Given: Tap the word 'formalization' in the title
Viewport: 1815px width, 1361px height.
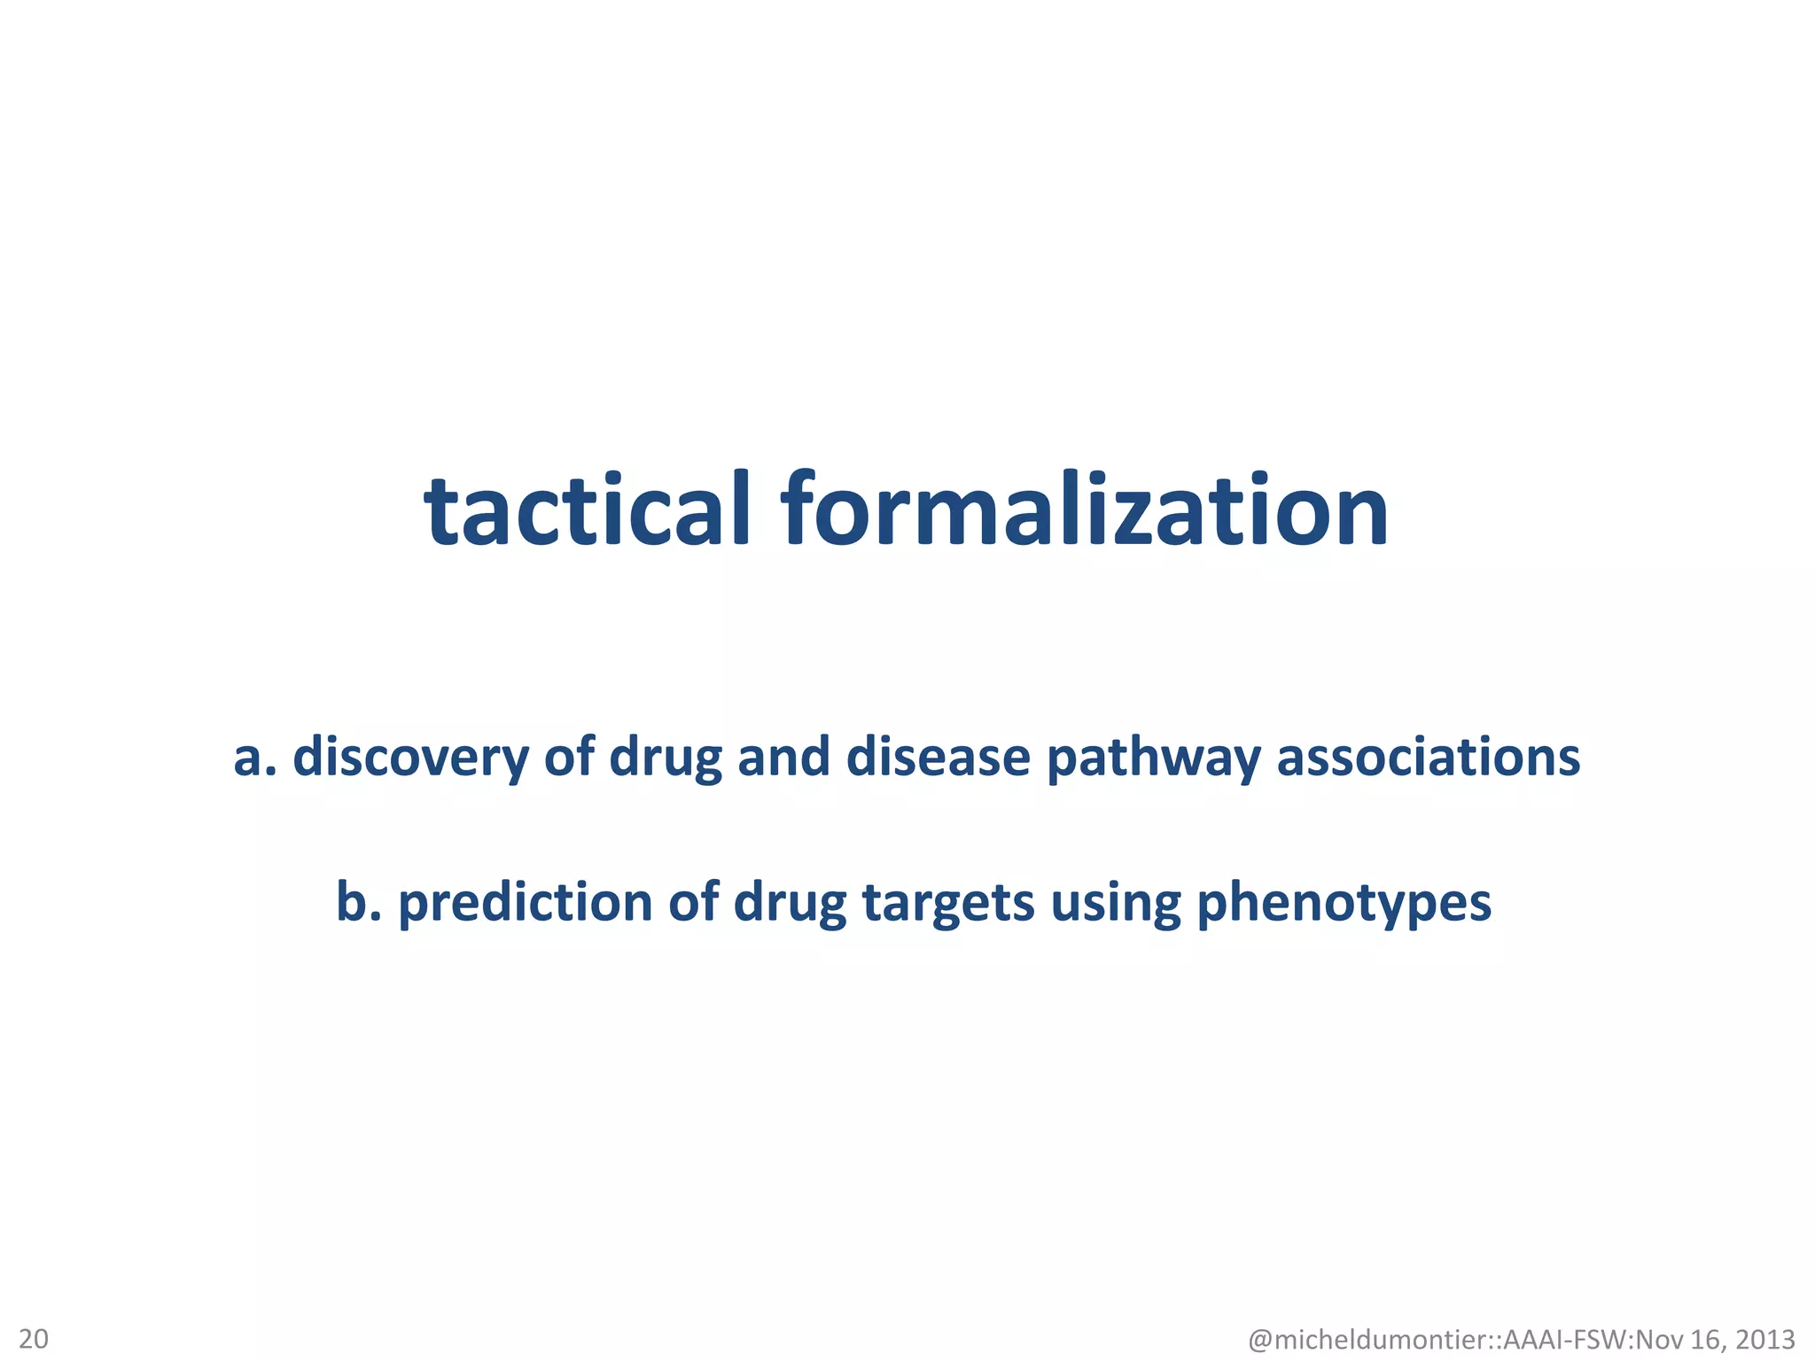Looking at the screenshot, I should tap(1084, 510).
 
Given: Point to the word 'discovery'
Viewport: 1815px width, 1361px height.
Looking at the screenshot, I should tap(410, 758).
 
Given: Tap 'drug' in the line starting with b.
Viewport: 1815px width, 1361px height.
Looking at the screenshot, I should tap(790, 905).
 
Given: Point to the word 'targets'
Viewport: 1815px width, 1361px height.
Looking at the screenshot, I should tap(948, 905).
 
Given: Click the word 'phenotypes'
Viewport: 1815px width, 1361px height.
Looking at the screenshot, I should tap(1344, 905).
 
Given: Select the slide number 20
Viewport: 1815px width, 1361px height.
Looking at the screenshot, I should tap(34, 1337).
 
